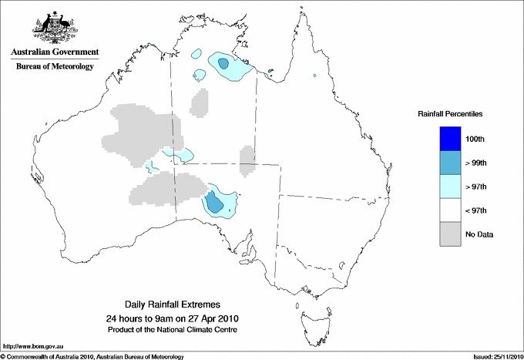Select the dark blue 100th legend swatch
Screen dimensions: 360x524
coord(450,139)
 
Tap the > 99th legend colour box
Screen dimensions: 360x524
coord(450,163)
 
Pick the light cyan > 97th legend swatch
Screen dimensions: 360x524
coord(450,187)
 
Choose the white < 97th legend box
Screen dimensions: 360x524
coord(450,210)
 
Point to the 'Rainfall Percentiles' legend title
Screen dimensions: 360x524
coord(450,113)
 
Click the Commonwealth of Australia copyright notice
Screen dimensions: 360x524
coord(92,356)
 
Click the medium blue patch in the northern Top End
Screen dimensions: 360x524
coord(223,64)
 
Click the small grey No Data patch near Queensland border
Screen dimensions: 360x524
coord(247,160)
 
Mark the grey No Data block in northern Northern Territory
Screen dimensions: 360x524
coord(200,103)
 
